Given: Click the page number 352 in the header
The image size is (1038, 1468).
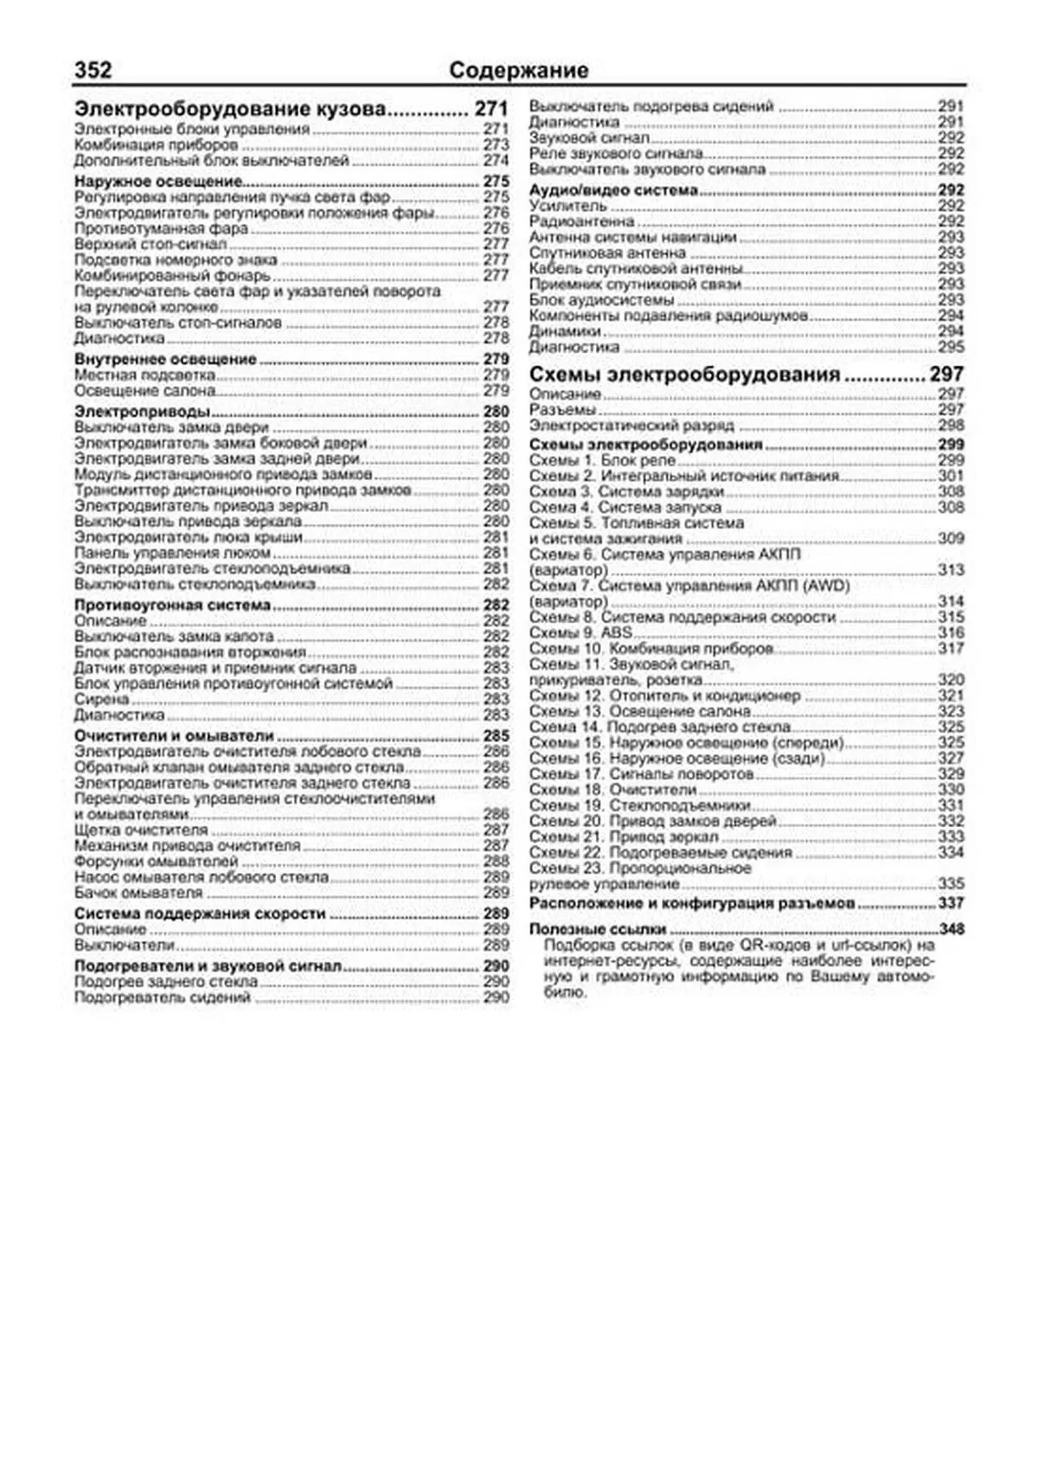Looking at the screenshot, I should tap(93, 70).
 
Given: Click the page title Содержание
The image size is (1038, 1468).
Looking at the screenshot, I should tap(518, 70).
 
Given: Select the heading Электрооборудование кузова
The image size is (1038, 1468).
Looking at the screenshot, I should tap(229, 110).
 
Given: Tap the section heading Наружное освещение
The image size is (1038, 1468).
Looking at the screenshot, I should tap(157, 182).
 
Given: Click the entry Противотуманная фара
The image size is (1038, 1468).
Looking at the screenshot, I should tap(161, 228).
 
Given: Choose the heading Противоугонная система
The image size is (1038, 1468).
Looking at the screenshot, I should tap(172, 606).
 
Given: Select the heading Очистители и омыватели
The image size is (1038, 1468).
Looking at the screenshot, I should tap(174, 736).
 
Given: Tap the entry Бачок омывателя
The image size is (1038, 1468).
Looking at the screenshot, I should tap(138, 892).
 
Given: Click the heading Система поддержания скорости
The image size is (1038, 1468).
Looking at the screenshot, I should tap(200, 913).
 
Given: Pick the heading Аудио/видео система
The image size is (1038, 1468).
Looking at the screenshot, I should tap(613, 190).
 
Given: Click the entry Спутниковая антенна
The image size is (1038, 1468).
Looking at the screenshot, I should tap(607, 253).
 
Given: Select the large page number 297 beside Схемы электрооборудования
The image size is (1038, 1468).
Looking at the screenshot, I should tap(946, 375).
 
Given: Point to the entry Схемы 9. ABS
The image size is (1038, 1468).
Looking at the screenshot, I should tap(580, 633).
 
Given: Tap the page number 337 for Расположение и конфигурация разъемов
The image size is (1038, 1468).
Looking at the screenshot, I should tap(951, 903).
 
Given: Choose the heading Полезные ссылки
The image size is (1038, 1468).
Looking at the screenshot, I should tap(598, 929).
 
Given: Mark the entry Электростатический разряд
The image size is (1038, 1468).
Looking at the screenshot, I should tap(631, 426).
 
